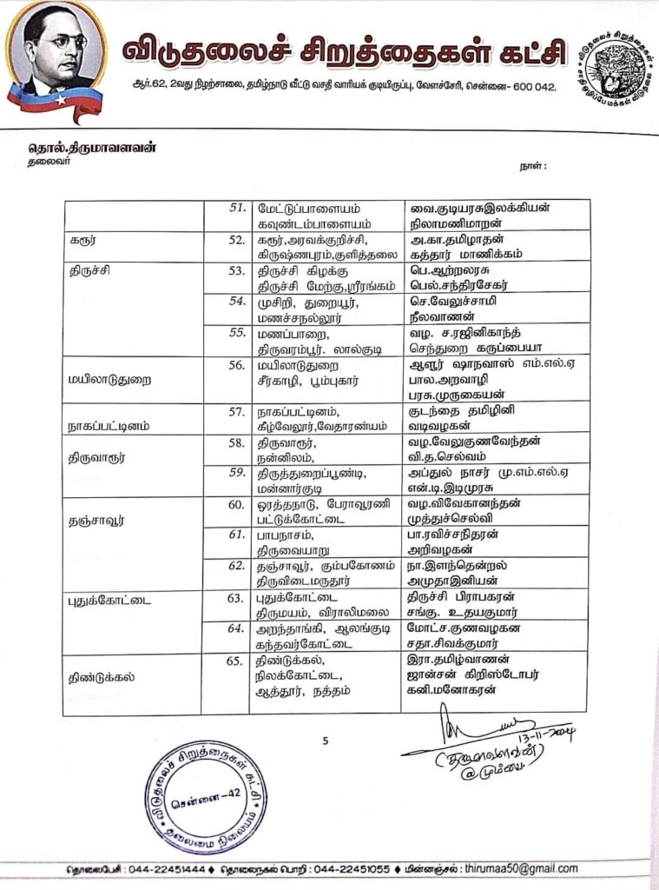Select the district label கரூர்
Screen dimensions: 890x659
[82, 240]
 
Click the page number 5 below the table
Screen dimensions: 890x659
[325, 741]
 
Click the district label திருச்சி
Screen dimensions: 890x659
[90, 271]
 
